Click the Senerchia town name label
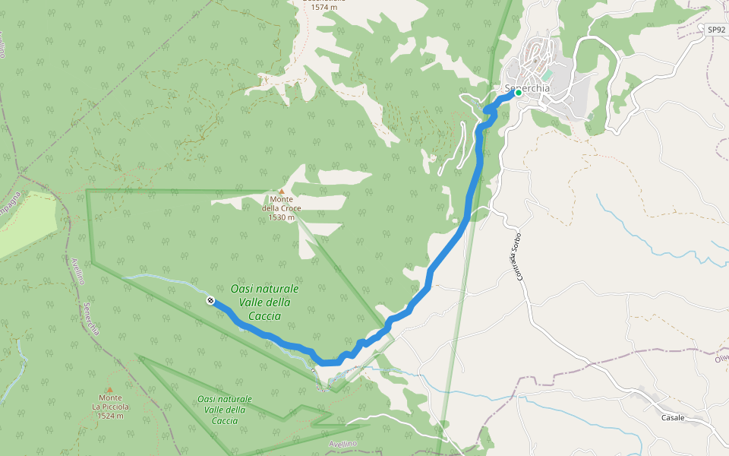click(527, 88)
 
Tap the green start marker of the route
click(518, 93)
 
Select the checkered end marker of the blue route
click(210, 302)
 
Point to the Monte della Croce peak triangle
click(282, 192)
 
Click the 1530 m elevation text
click(281, 217)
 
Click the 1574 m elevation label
click(323, 7)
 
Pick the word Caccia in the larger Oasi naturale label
click(264, 316)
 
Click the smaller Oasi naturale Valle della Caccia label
click(224, 410)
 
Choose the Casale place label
click(672, 418)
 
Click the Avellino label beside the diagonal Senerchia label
click(77, 271)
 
